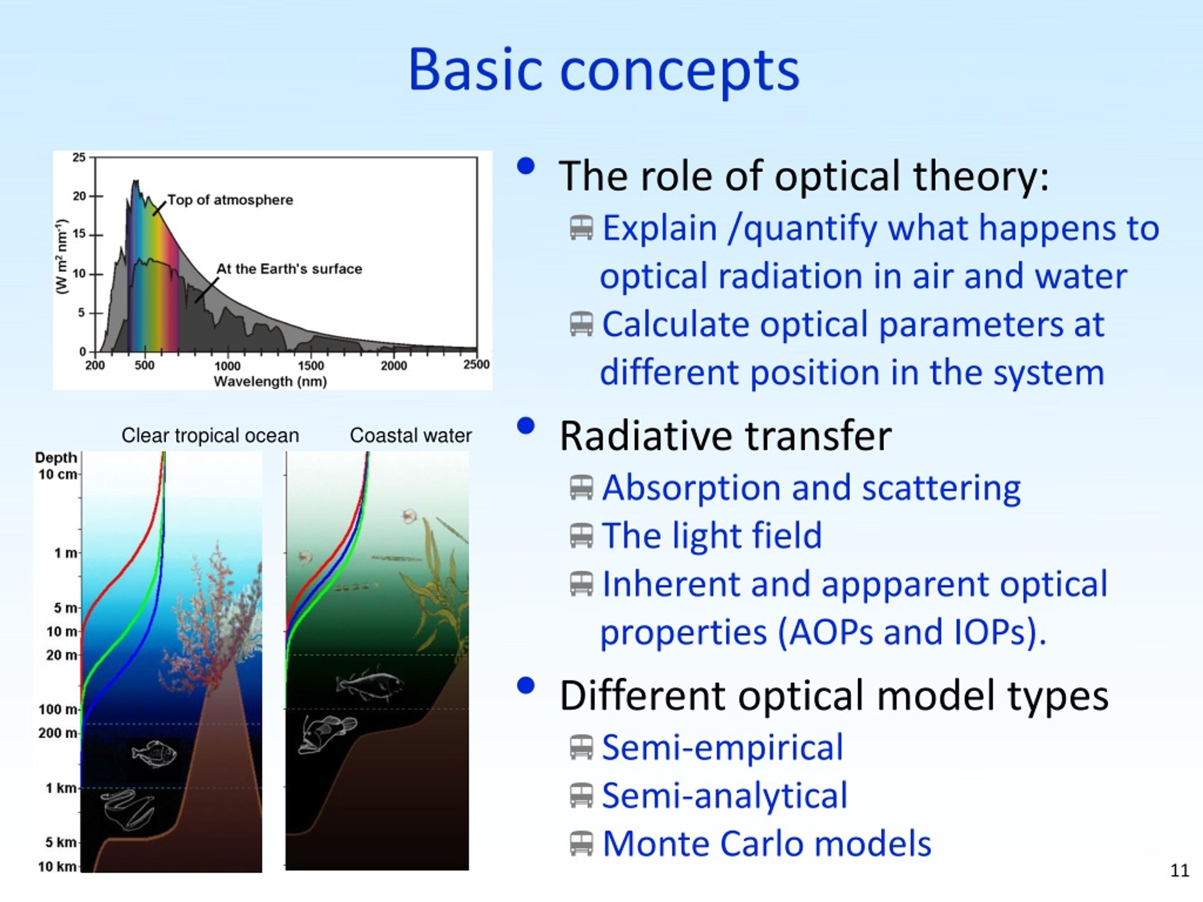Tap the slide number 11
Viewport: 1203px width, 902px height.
(x=1180, y=871)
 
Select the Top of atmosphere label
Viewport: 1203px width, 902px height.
(x=230, y=200)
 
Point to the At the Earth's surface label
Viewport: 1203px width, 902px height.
(x=289, y=269)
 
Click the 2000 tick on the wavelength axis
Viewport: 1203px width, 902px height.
(x=394, y=366)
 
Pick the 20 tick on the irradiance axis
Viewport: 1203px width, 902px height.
(x=79, y=196)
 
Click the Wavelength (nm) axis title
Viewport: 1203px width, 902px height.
(x=270, y=381)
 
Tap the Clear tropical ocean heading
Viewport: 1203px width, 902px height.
(x=210, y=435)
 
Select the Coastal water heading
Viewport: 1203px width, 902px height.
(x=411, y=435)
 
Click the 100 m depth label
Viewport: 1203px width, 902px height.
(x=58, y=709)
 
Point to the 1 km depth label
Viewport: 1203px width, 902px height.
(x=62, y=788)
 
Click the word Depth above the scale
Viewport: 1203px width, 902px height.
(x=56, y=458)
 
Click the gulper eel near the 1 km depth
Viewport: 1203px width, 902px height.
(x=128, y=809)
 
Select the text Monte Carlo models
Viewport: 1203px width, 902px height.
(x=767, y=844)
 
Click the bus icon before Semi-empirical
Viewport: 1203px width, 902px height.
(x=581, y=747)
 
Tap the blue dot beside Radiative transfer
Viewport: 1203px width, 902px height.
(x=526, y=426)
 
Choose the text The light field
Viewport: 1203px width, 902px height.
(x=712, y=536)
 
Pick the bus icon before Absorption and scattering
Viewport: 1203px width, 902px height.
(x=581, y=488)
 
